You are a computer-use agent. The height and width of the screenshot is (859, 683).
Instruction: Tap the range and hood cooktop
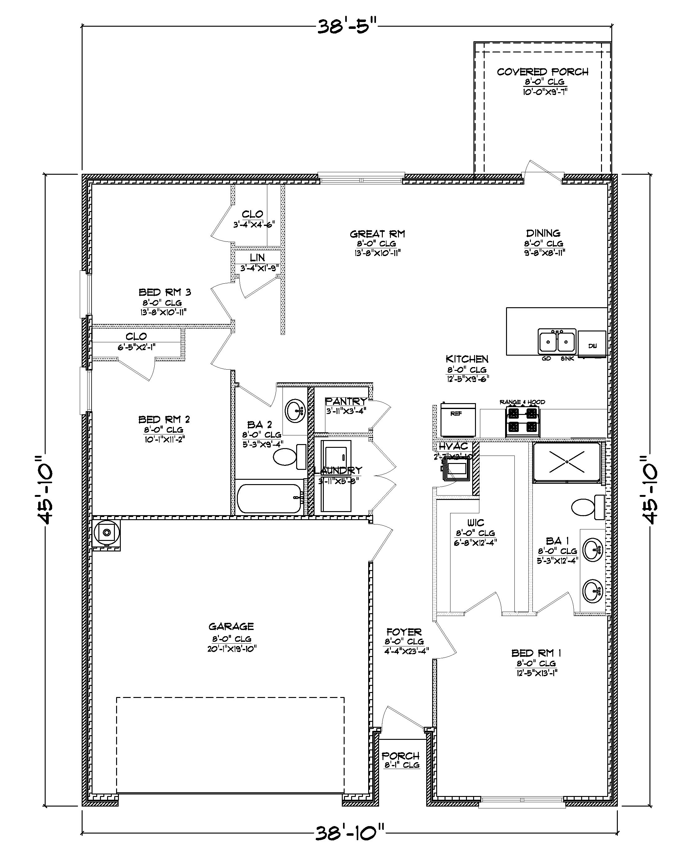pos(522,421)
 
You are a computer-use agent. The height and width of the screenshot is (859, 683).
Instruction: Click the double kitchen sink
pos(557,341)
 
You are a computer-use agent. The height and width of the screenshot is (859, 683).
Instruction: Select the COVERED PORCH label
pos(542,72)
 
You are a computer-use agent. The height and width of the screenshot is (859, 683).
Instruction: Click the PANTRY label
pos(346,402)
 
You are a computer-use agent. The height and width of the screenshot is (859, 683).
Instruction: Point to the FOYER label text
pos(404,632)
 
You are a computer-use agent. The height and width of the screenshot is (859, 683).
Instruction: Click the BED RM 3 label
pos(165,292)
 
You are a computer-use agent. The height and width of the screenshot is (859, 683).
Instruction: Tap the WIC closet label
pos(475,523)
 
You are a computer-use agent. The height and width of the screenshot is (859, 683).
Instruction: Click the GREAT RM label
pos(377,234)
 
